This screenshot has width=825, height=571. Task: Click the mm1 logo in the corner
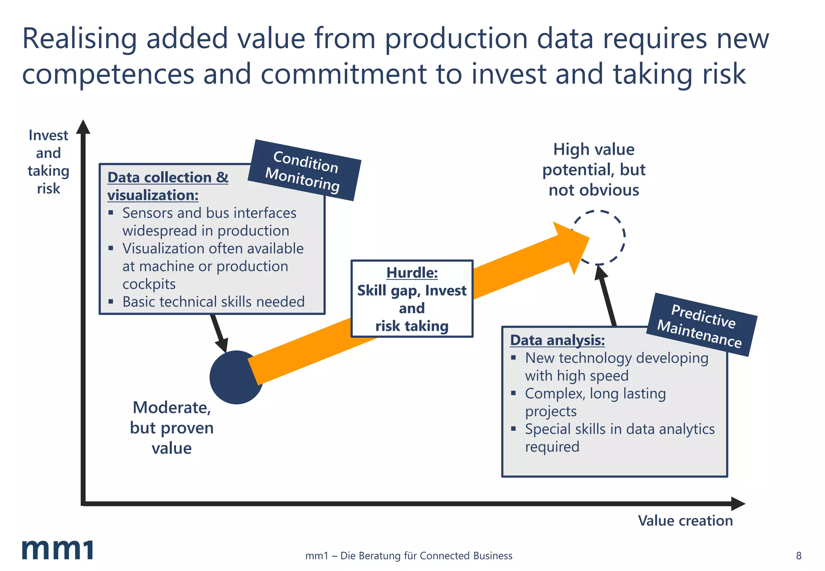(57, 549)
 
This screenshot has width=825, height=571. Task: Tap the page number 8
(798, 556)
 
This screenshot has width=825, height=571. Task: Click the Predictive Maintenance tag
(701, 325)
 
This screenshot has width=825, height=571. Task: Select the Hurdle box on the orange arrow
(412, 299)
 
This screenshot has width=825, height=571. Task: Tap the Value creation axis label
(685, 521)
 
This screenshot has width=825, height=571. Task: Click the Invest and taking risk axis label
(48, 162)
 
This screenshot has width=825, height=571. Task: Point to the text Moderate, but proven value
(172, 428)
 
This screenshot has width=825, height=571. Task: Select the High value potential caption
(594, 170)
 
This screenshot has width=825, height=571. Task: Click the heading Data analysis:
(557, 340)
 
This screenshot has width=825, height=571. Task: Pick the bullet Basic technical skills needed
(213, 302)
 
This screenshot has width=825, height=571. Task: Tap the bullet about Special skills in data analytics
(619, 437)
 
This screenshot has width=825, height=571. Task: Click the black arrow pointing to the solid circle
(219, 333)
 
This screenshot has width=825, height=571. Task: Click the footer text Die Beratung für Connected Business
(408, 556)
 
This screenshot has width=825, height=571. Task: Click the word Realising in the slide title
(79, 39)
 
